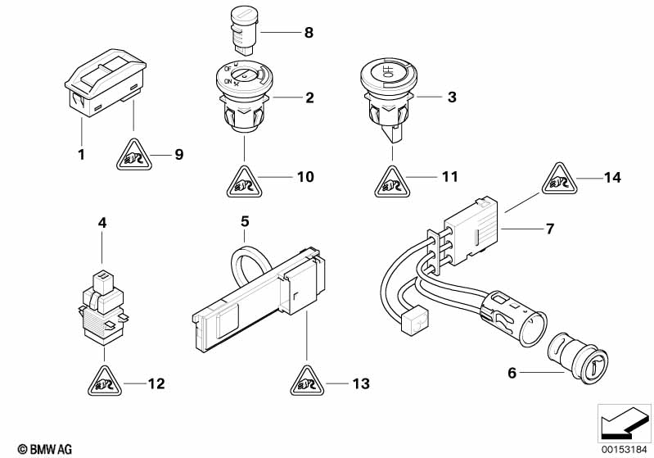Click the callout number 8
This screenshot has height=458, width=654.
coord(308,34)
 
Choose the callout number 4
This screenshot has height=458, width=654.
coord(102,222)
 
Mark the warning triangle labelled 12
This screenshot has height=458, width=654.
coord(104,381)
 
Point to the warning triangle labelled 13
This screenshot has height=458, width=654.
coord(307,381)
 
